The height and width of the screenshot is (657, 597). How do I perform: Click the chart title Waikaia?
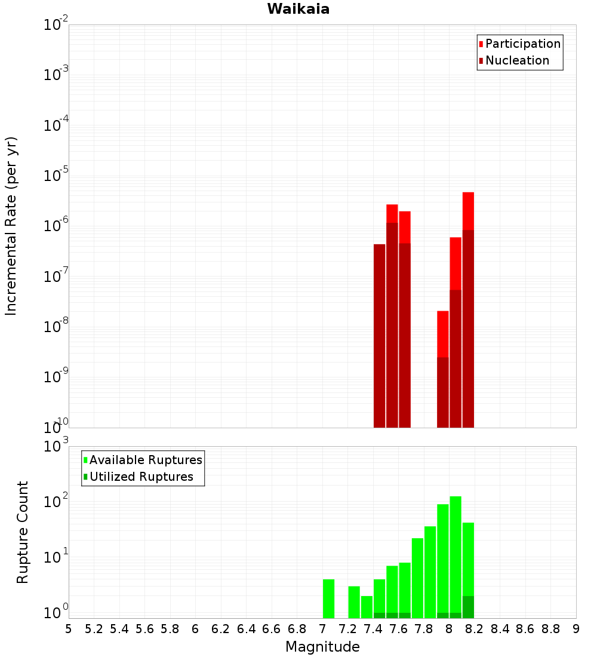click(298, 9)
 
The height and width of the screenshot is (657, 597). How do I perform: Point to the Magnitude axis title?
click(322, 647)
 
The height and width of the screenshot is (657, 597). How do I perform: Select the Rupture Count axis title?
click(23, 532)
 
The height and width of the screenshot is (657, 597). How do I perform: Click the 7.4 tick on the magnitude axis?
click(373, 629)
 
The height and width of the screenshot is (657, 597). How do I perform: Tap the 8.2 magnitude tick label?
click(475, 629)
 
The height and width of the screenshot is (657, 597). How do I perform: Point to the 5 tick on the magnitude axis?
click(69, 629)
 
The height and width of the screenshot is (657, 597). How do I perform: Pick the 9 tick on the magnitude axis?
click(576, 629)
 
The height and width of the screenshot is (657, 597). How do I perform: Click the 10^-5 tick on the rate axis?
click(56, 176)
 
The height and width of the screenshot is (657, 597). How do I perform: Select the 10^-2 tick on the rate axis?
click(56, 25)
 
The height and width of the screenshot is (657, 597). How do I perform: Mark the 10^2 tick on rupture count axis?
click(56, 502)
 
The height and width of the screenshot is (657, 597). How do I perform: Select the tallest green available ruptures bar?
click(456, 555)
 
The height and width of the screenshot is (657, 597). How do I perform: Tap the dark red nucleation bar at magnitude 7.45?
click(379, 334)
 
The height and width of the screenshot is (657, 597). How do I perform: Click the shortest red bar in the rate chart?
click(442, 334)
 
